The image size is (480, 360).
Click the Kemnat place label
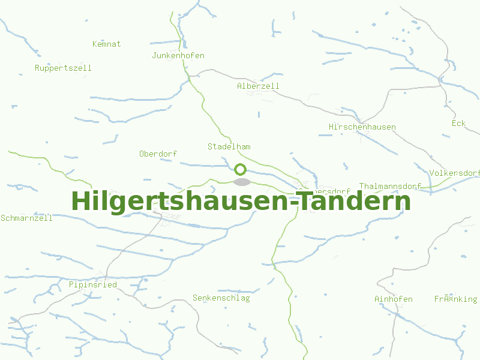[107, 44]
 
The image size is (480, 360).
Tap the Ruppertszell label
[63, 68]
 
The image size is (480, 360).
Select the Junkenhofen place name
[178, 56]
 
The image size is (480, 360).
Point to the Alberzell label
[258, 86]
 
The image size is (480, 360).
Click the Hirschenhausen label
[362, 127]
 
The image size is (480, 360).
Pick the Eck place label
[458, 123]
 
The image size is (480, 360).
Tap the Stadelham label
[229, 146]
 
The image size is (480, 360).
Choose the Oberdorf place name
[158, 154]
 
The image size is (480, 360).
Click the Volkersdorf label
[454, 173]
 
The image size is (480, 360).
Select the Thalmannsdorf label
[390, 186]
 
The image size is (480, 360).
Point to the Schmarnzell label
[26, 218]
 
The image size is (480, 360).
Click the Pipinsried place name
[92, 284]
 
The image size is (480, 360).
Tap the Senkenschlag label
[221, 298]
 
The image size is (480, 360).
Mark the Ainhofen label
[393, 299]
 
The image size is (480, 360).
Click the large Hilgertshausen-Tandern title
[241, 202]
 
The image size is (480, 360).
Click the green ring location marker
[241, 169]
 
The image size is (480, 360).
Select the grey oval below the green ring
[241, 182]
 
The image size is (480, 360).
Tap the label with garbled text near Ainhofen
[455, 299]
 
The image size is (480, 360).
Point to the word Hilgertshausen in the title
[180, 202]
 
